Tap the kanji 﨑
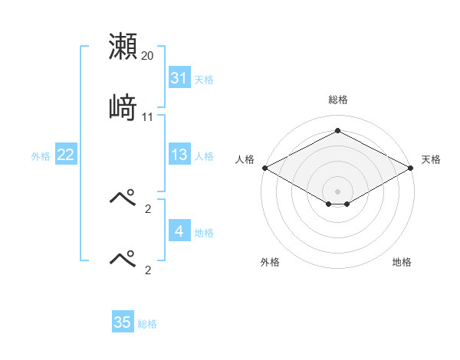[123, 106]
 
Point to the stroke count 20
[147, 56]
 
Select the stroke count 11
[147, 117]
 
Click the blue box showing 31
[179, 78]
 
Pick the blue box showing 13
[179, 155]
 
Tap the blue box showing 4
[179, 231]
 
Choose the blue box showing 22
[66, 155]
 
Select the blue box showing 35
[123, 322]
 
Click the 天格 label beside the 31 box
[204, 79]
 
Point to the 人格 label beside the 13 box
[204, 155]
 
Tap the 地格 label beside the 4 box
[204, 231]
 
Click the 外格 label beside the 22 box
[41, 155]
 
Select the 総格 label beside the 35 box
[147, 323]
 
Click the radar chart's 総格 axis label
[337, 100]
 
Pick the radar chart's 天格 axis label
[431, 159]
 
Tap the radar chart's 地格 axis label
[402, 262]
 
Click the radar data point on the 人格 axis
[264, 168]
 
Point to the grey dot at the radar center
[337, 191]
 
